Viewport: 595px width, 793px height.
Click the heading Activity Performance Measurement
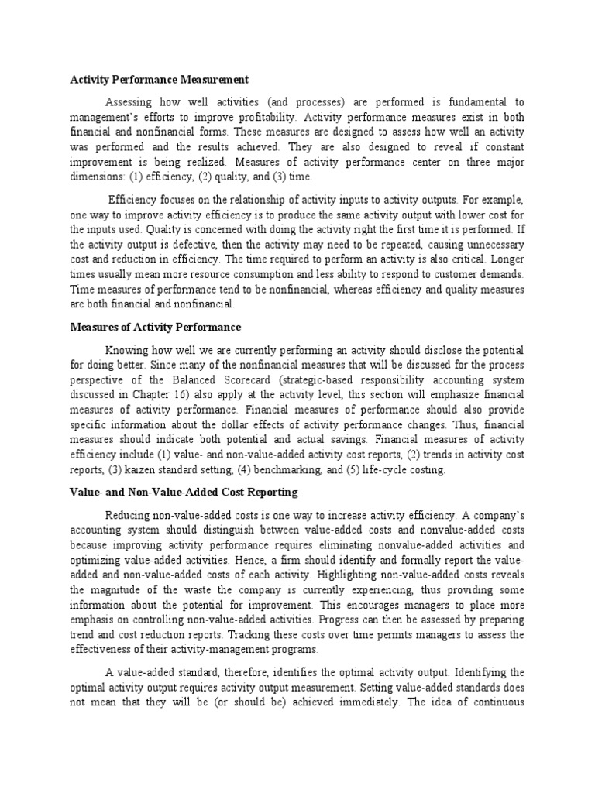(x=160, y=79)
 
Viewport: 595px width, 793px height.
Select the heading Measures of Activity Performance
(x=156, y=327)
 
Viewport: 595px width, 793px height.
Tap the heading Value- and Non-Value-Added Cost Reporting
(x=184, y=493)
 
